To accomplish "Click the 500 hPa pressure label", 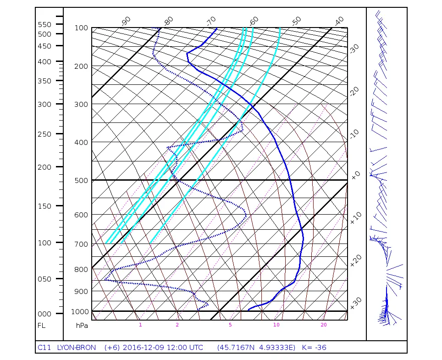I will (81, 180).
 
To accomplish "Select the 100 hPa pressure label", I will (81, 28).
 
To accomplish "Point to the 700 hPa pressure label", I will (81, 244).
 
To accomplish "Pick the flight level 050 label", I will (44, 279).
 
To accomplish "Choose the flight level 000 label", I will (44, 314).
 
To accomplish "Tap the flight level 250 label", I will (44, 134).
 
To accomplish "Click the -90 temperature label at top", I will (126, 21).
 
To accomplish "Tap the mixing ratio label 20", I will (324, 325).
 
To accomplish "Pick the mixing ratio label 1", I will (140, 325).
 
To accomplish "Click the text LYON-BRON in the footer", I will (77, 347).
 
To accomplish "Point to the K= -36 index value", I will (314, 347).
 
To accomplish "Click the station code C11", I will (44, 347).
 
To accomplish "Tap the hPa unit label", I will (82, 325).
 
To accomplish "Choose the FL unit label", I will (41, 325).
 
